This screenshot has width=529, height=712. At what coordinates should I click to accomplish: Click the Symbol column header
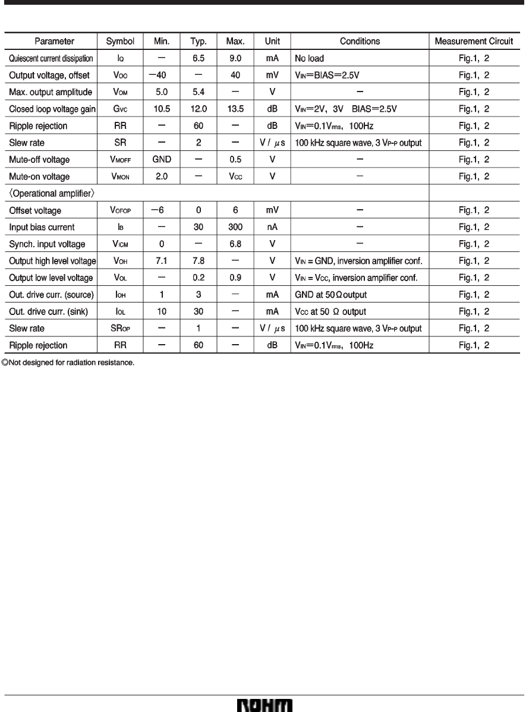120,42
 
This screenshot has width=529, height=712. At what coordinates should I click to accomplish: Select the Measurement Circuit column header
474,42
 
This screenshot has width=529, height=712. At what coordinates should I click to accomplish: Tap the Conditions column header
360,42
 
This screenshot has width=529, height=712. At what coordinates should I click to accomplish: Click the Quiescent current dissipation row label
51,59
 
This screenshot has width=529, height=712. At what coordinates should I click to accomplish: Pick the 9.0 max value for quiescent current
235,59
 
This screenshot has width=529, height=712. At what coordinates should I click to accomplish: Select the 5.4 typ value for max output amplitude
198,93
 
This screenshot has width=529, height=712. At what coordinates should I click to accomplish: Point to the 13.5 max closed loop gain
235,109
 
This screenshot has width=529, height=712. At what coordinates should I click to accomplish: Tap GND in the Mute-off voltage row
161,160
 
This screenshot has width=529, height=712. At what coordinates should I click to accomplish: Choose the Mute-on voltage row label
39,177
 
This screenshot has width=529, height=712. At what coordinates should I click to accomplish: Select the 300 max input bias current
235,227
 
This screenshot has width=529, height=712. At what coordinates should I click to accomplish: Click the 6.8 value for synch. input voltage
235,244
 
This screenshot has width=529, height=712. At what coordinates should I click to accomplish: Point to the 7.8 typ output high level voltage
198,261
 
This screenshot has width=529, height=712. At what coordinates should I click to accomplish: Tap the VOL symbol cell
120,278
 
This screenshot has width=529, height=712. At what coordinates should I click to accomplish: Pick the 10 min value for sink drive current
161,311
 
